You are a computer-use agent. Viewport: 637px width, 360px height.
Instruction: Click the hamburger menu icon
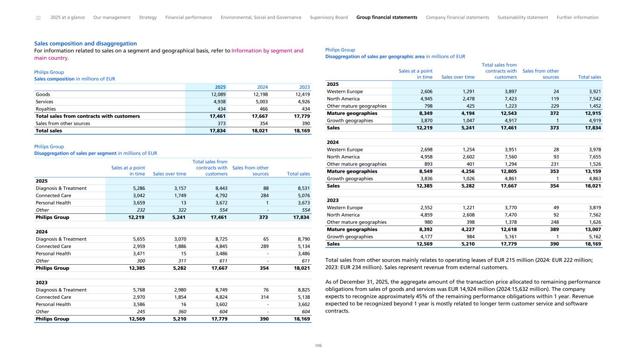(38, 18)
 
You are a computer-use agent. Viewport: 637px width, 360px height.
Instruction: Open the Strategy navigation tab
(148, 17)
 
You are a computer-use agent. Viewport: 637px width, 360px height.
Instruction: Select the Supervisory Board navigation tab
(329, 17)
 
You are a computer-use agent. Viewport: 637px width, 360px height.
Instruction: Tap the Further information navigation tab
(577, 17)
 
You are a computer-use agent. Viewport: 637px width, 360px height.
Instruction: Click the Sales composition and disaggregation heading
(85, 43)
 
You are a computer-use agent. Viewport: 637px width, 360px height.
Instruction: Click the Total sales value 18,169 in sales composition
(300, 131)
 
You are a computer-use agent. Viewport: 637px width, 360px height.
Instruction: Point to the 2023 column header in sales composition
(305, 87)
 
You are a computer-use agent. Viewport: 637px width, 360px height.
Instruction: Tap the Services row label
(44, 101)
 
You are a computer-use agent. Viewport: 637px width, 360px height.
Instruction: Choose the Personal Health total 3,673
(301, 203)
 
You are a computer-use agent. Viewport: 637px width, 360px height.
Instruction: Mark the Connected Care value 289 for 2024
(264, 247)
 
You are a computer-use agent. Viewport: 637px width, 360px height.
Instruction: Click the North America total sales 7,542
(593, 99)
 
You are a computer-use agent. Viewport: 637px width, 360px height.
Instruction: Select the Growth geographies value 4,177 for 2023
(424, 237)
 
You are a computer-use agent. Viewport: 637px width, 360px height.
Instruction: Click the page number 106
(318, 346)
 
